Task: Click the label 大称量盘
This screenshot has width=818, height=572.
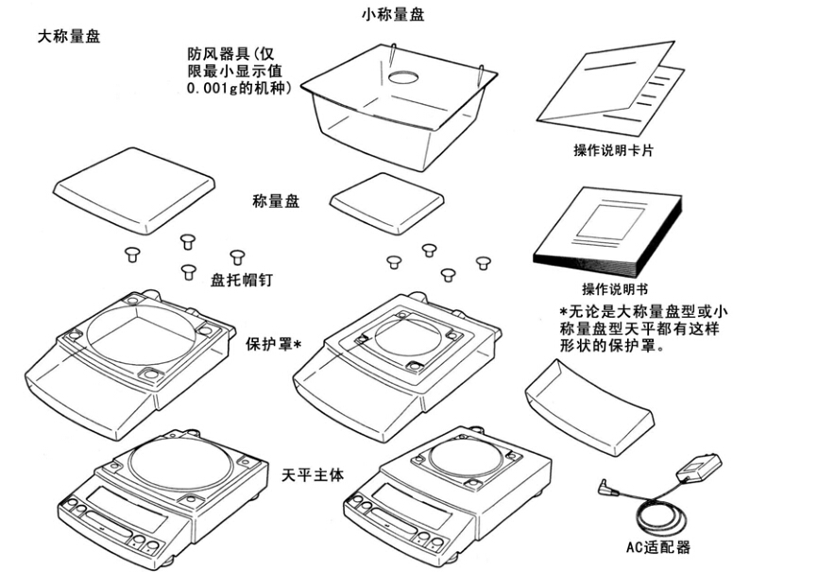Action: [68, 37]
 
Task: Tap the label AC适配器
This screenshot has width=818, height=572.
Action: [657, 546]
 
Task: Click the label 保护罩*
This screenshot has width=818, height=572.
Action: [273, 343]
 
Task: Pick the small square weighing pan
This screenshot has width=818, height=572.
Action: [388, 199]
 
